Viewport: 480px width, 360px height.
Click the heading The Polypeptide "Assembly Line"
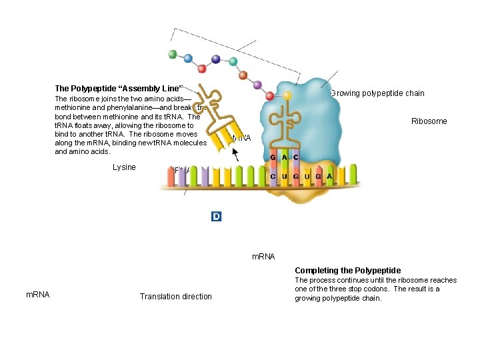coord(119,89)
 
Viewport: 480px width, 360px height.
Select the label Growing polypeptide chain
coord(377,93)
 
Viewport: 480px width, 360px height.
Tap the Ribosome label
coord(429,121)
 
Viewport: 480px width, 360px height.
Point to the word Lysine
coord(124,167)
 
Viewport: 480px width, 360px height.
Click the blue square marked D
coord(216,216)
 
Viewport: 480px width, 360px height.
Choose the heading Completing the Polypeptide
coord(347,270)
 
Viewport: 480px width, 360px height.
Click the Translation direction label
coord(175,297)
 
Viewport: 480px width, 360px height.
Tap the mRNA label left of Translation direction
coord(37,294)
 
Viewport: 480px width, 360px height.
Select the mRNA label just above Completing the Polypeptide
coord(263,256)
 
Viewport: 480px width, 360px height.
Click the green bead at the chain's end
coord(173,54)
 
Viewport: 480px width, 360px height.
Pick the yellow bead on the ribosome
coord(287,95)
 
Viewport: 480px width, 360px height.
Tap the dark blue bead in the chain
coord(215,59)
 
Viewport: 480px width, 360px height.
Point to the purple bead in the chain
coord(257,85)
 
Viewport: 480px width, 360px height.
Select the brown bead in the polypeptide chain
coord(243,75)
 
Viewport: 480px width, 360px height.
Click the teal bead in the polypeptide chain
coord(233,62)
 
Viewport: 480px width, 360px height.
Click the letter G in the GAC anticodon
coord(273,157)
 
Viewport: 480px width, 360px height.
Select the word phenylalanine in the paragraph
coord(123,107)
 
